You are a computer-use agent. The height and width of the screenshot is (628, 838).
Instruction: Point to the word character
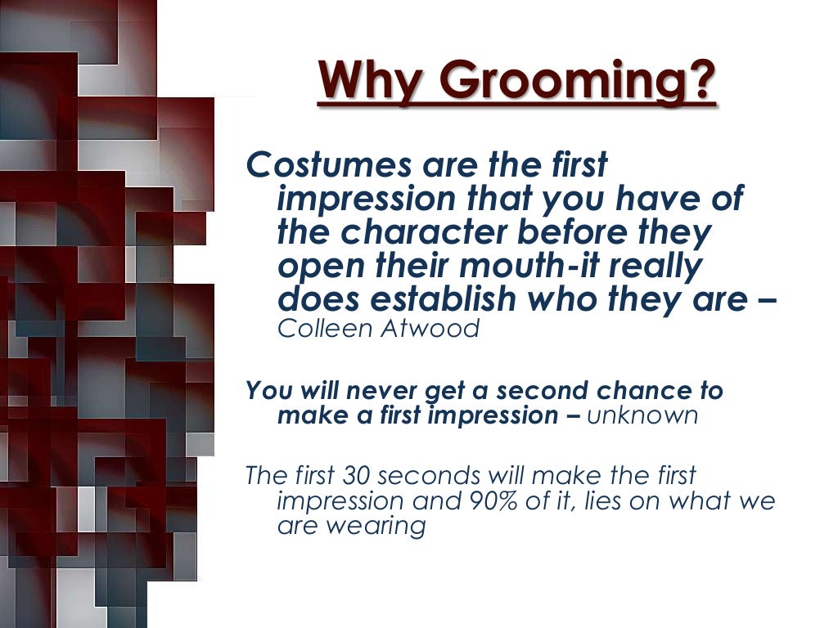426,233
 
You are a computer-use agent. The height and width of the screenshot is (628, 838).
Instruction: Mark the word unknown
643,415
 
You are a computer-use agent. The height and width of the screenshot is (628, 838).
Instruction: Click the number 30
358,474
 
